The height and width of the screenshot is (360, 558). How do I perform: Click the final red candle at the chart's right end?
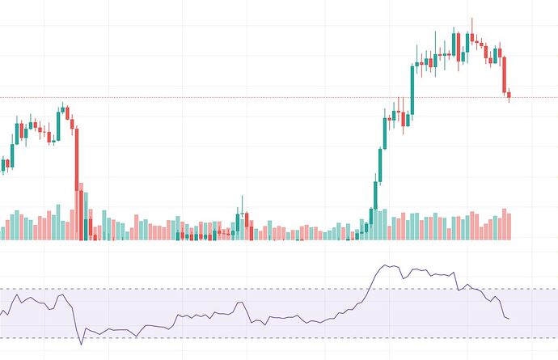(509, 96)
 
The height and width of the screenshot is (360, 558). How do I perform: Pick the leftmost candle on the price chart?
(3, 165)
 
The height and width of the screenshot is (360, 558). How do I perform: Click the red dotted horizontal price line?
(243, 98)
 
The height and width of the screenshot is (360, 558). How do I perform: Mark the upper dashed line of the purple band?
(243, 289)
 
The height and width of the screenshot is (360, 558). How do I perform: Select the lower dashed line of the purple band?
(243, 337)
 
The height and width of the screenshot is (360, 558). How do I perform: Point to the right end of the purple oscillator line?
(509, 319)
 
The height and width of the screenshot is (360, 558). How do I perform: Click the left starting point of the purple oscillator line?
(2, 314)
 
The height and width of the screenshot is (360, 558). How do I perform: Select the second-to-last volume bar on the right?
(504, 224)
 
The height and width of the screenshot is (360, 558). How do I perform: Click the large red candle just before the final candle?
(504, 74)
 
